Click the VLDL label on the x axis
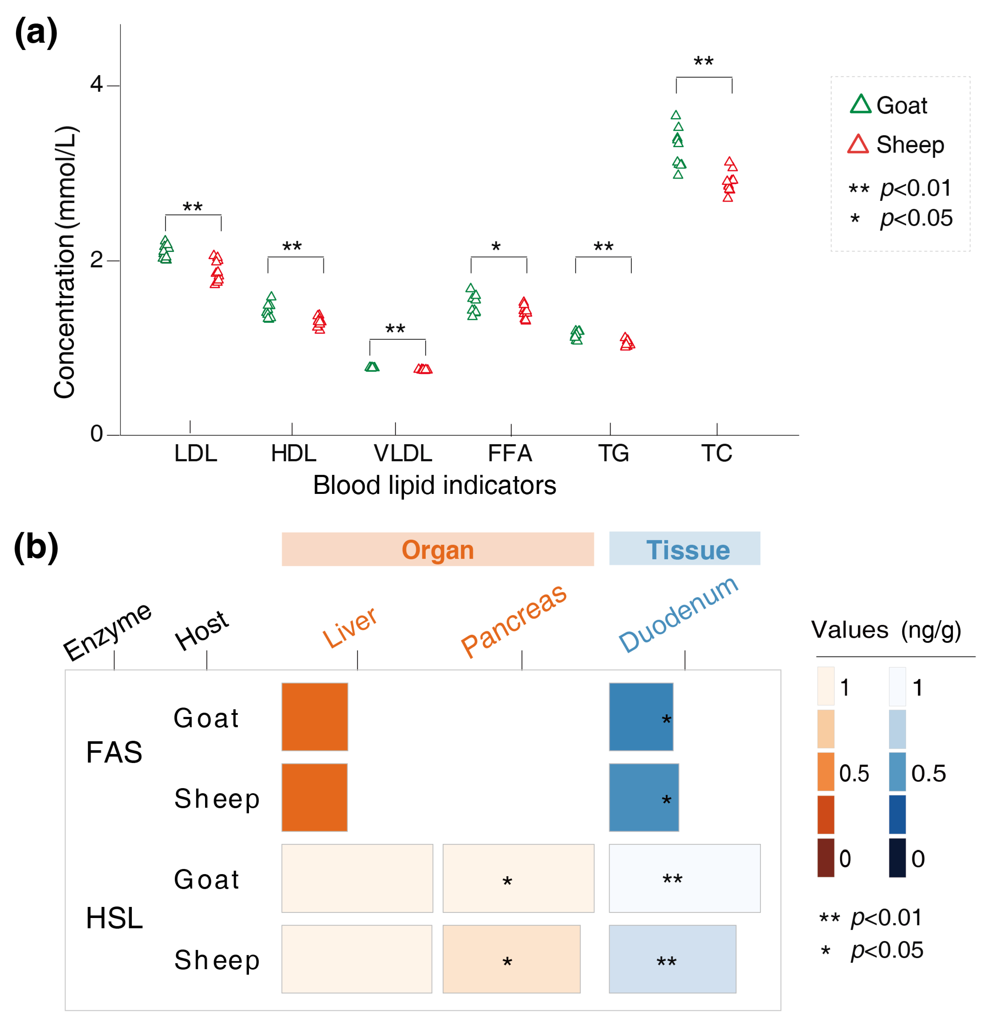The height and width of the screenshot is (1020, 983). pos(403,453)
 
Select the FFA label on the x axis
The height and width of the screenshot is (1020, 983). pos(510,453)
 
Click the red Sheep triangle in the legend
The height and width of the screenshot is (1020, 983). pos(858,144)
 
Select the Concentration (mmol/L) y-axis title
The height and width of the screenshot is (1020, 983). pos(65,262)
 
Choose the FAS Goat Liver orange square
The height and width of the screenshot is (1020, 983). pos(315,716)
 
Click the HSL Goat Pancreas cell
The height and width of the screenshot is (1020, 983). pos(518,878)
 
